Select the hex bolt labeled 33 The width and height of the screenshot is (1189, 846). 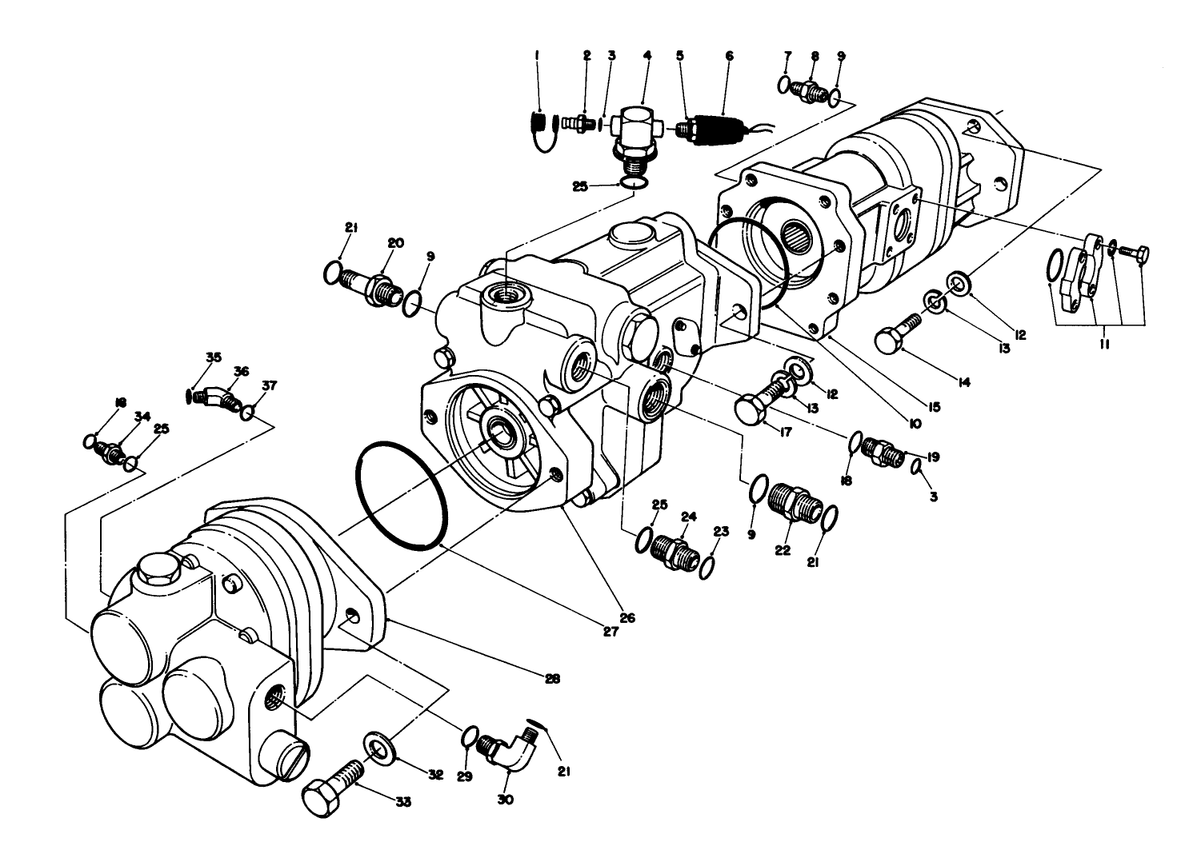[330, 785]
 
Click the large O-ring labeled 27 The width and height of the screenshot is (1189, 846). [401, 495]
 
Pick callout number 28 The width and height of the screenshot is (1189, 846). [552, 680]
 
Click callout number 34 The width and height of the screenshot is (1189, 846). [142, 416]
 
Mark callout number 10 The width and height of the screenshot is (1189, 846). [915, 421]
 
